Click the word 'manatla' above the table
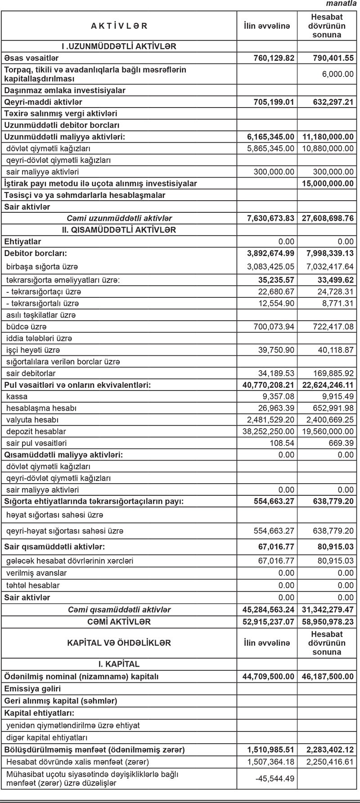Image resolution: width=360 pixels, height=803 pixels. point(344,4)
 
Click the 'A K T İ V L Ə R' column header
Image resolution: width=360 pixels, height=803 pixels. point(119,26)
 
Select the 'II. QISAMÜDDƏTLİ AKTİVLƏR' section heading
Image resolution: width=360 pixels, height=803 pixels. point(119,230)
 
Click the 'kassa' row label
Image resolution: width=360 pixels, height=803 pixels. point(17,397)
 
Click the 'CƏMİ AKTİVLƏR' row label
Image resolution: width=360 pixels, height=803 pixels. point(119,622)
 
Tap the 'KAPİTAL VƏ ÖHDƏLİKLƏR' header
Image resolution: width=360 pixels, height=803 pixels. point(119,643)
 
